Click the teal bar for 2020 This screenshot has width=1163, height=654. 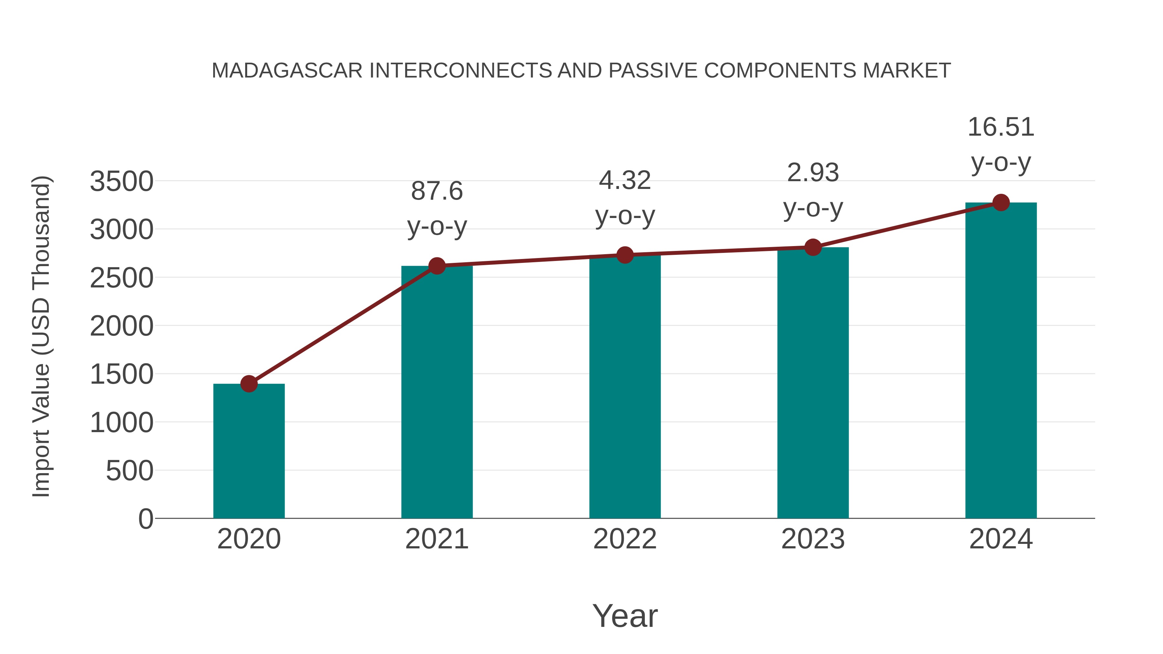[249, 452]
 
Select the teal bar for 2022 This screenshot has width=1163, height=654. [625, 388]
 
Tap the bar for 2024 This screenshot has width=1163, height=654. [1001, 361]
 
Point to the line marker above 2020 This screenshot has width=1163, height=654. [249, 384]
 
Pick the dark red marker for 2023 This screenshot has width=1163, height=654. [813, 247]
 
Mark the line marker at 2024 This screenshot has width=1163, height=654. [1001, 202]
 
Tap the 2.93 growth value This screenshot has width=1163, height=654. [813, 173]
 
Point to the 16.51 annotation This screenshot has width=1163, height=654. [1001, 127]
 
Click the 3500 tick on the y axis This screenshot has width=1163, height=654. [121, 182]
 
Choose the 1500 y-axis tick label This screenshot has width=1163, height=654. [121, 375]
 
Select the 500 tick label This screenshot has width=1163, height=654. [130, 471]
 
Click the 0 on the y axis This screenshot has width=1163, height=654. [146, 519]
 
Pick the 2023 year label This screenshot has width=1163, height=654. [813, 539]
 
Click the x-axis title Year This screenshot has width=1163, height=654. [625, 616]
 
